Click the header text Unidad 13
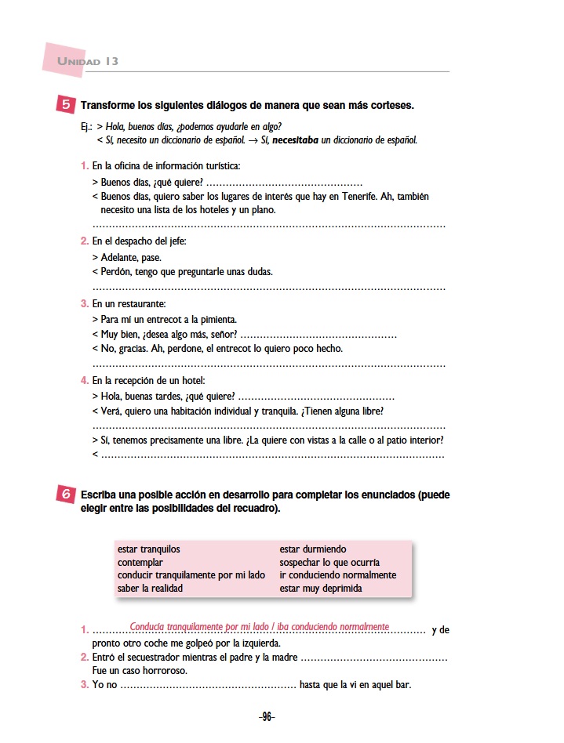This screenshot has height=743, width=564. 88,61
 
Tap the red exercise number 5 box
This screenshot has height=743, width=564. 66,104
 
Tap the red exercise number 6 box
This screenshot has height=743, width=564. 67,495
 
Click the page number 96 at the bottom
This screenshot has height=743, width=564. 267,716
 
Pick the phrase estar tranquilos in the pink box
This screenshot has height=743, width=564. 149,549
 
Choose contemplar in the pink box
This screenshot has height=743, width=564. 140,562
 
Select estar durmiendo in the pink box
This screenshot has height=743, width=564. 313,549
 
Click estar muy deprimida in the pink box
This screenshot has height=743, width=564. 321,588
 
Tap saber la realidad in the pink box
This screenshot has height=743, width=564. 150,588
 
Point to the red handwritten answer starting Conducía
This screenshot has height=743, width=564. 260,626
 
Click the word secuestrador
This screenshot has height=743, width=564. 158,658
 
